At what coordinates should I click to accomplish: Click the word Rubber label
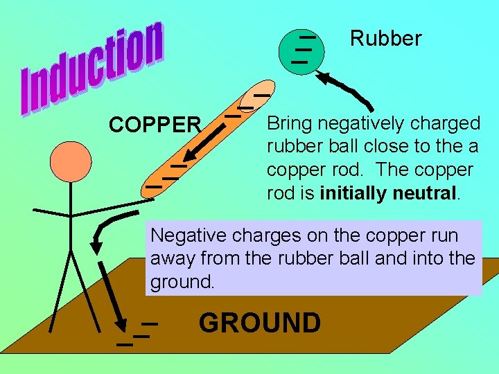[385, 39]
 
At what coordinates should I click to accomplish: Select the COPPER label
[155, 125]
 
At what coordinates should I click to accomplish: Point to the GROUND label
[260, 323]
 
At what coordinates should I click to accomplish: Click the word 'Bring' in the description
[290, 125]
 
